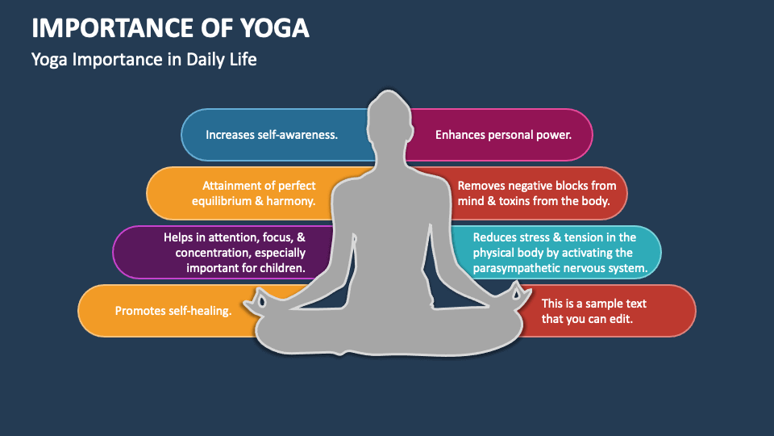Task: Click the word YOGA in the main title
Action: [x=274, y=28]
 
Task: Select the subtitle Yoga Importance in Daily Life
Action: [x=144, y=60]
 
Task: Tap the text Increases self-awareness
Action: [x=272, y=135]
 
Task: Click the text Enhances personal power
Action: [x=503, y=135]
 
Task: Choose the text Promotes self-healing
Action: [x=173, y=311]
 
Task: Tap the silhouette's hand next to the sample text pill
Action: [x=516, y=296]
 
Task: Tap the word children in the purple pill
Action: [x=283, y=268]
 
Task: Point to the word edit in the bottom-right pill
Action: [x=621, y=319]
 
